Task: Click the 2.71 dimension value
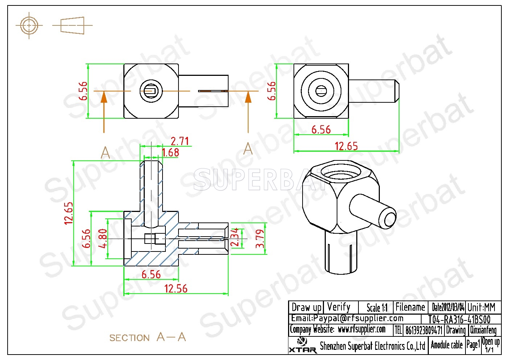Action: (180, 141)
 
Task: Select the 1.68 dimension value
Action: (171, 152)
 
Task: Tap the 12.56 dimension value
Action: (176, 289)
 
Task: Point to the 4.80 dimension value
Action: (103, 238)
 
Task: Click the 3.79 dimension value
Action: (260, 239)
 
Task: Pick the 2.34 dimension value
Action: (234, 237)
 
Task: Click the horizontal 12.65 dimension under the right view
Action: (346, 146)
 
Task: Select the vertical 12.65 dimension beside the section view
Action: (69, 213)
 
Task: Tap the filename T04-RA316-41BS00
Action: (459, 320)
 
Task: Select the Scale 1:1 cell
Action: (377, 308)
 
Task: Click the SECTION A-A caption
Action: (148, 337)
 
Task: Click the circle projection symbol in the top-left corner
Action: (29, 25)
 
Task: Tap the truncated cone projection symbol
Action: (72, 25)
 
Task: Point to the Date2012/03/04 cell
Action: (448, 307)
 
